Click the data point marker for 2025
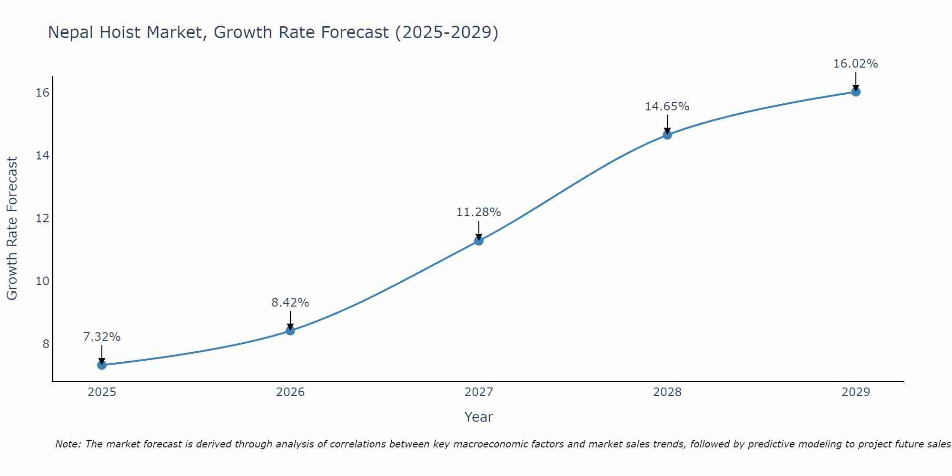pos(102,365)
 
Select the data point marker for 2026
pos(290,330)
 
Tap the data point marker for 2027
pos(479,241)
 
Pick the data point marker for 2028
pos(667,135)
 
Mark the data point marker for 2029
pos(856,92)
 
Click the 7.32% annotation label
pos(102,337)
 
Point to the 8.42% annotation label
pos(290,303)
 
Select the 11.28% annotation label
pos(479,212)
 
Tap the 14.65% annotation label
pos(667,107)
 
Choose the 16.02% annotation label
pos(856,64)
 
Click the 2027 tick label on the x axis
pos(479,392)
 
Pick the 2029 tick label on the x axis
pos(856,392)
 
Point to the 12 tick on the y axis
pos(43,218)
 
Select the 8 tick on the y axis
pos(46,344)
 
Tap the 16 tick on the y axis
pos(43,93)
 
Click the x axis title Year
pos(479,417)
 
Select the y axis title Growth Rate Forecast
pos(12,228)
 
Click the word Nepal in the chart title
pos(71,33)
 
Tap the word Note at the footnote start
pos(68,445)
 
